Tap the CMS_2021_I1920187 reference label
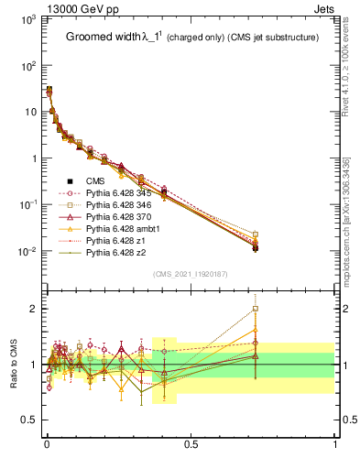click(x=190, y=274)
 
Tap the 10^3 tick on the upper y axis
click(x=28, y=19)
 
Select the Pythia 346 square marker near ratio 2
click(x=255, y=309)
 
